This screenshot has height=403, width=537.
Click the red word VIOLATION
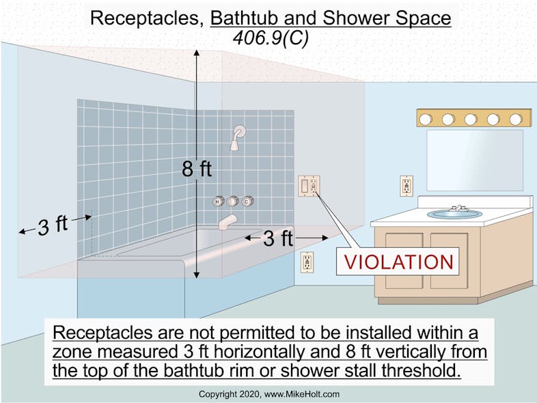pos(398,262)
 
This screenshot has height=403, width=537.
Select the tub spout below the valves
pos(227,221)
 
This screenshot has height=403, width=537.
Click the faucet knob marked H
pos(218,201)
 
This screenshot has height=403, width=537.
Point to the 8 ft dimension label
pos(197,168)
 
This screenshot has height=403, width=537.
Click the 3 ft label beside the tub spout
pos(277,238)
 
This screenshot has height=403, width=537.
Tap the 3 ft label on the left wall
pos(53,225)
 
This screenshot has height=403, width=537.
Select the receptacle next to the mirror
pos(407,185)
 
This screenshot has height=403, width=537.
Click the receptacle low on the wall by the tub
pos(307,262)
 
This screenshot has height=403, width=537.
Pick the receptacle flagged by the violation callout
pos(309,186)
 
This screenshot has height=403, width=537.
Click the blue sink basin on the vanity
pos(454,214)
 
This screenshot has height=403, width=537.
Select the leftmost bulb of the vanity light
pos(426,119)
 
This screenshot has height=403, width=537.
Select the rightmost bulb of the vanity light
pos(515,119)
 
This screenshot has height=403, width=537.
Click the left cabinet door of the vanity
pos(404,260)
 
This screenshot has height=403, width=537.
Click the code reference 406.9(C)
pos(271,38)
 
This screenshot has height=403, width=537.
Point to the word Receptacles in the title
pos(146,18)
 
